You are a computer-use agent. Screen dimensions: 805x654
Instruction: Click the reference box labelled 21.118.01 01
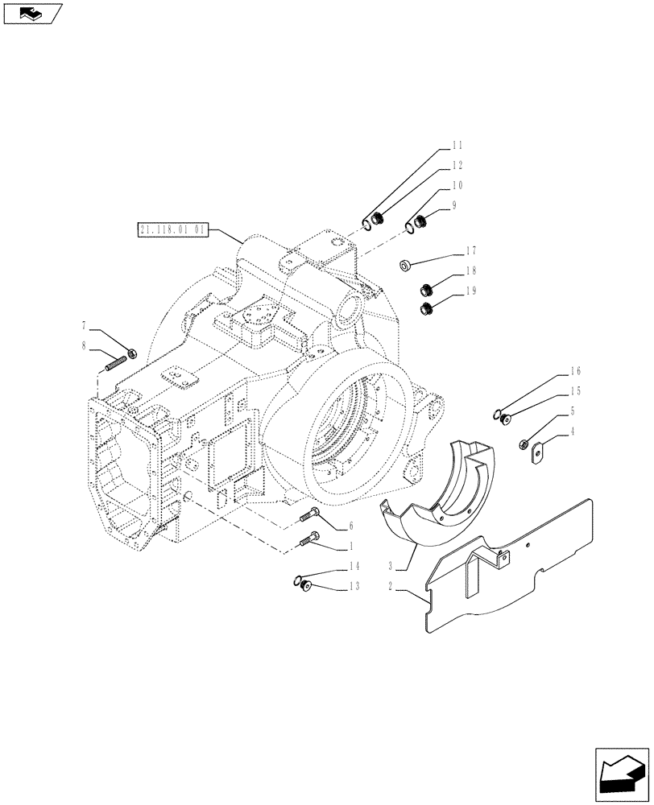click(173, 230)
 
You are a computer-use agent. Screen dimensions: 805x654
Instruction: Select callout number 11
click(457, 146)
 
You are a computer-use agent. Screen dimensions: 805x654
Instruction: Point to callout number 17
click(470, 250)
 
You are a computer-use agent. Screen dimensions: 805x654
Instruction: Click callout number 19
click(470, 291)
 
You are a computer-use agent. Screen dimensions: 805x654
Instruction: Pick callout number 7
click(83, 327)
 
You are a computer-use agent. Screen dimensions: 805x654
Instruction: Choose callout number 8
click(83, 347)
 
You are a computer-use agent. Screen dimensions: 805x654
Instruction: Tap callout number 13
click(354, 587)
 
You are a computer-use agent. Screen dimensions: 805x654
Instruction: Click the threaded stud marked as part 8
click(118, 363)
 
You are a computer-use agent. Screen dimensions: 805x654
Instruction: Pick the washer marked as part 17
click(406, 264)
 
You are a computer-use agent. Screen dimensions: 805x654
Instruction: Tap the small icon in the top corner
click(32, 13)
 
